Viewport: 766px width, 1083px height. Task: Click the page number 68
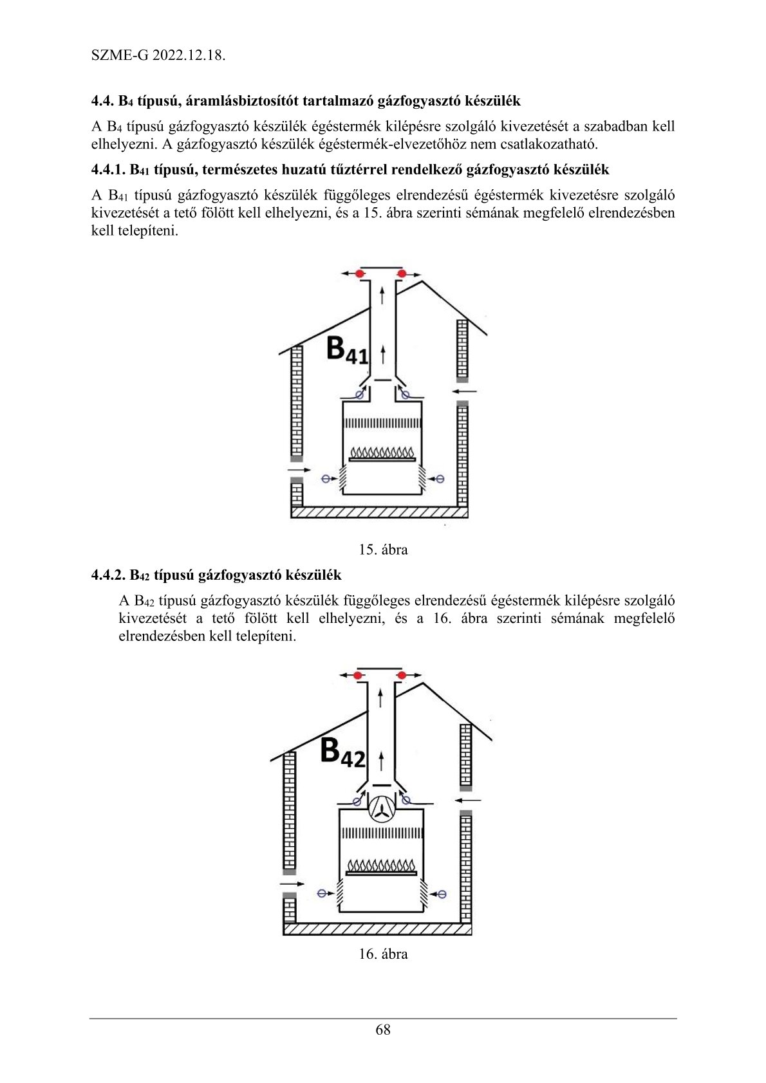tap(382, 1030)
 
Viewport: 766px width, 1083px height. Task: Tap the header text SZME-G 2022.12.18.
tap(158, 55)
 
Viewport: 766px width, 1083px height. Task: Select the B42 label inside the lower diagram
tap(342, 751)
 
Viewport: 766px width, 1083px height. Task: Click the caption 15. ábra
tap(383, 550)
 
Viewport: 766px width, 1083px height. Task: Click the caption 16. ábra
tap(383, 954)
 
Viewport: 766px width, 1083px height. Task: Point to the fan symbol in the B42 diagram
tap(382, 808)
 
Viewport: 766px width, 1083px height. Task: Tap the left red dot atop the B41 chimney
tap(360, 274)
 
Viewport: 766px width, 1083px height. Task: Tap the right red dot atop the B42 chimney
tap(402, 675)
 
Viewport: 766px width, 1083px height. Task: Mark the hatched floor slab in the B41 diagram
tap(379, 512)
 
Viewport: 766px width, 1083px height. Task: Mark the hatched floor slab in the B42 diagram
tap(377, 930)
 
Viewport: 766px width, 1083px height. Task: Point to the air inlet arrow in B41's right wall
tap(465, 391)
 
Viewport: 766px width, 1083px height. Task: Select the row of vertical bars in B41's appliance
tap(382, 423)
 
